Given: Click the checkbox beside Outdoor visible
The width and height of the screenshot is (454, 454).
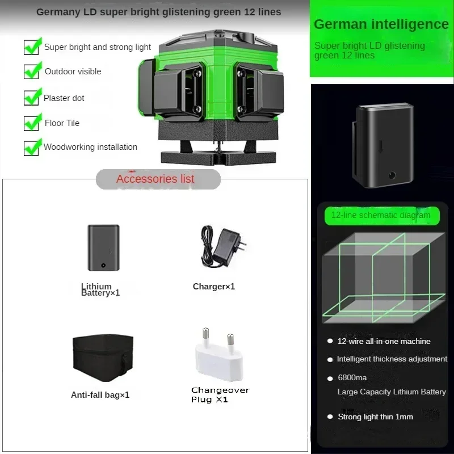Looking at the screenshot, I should (x=32, y=71).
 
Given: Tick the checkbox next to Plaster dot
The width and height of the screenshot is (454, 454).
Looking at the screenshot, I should (x=32, y=97).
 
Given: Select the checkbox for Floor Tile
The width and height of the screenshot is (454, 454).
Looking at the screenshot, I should (x=32, y=123).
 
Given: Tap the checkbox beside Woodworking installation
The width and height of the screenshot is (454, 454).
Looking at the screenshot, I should (x=32, y=148).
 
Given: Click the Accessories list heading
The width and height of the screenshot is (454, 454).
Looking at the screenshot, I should (x=155, y=179).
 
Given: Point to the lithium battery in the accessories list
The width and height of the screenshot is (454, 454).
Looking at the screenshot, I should (x=103, y=248).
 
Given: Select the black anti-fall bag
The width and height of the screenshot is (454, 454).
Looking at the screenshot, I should (x=103, y=358).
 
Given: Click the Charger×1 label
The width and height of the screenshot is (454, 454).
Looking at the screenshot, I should (x=214, y=287).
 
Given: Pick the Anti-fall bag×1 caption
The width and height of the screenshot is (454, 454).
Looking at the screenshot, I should (x=100, y=395).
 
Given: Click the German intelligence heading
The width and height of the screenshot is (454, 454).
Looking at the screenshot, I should (x=381, y=24).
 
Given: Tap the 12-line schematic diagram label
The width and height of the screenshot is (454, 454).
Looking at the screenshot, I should (x=381, y=215).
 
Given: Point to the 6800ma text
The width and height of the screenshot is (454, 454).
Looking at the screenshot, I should (x=352, y=378).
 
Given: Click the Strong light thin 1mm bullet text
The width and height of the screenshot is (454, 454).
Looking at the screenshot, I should (x=376, y=417).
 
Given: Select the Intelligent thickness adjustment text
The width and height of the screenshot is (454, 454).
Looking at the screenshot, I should (x=392, y=359).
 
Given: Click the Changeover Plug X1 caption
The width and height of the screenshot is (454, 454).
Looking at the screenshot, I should (x=220, y=395).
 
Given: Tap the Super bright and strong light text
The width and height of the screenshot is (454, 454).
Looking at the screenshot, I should (x=98, y=47).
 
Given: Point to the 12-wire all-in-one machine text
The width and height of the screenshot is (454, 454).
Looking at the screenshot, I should (x=384, y=341).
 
